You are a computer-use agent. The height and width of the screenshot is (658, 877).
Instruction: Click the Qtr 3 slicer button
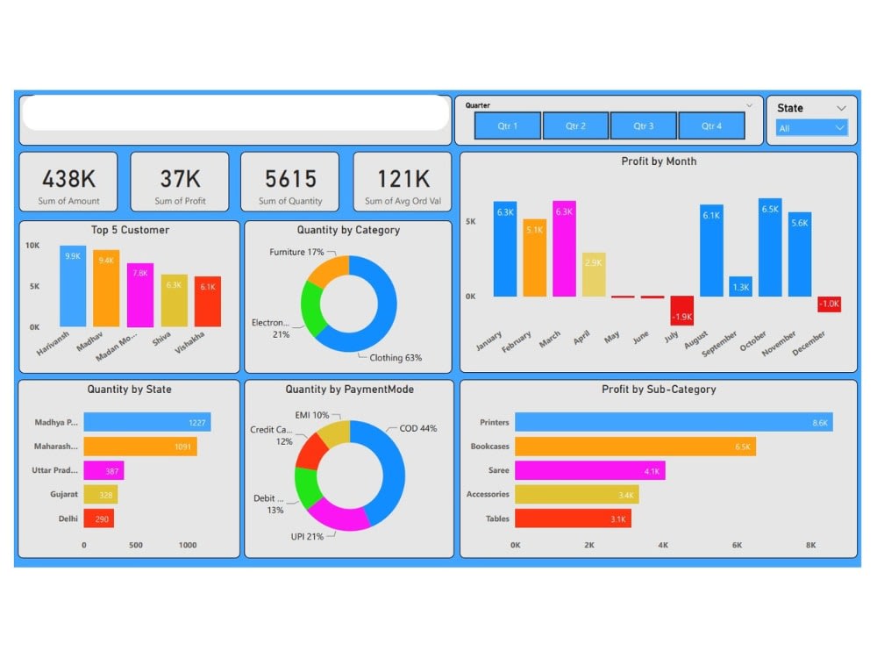[643, 125]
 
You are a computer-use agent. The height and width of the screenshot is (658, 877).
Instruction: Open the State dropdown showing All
[812, 128]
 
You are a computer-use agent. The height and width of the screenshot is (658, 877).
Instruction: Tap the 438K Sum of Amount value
[69, 179]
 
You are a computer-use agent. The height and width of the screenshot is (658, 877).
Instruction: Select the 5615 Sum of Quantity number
[290, 179]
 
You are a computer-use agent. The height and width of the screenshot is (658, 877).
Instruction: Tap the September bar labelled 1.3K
[741, 287]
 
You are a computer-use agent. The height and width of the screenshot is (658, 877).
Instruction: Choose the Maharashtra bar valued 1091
[140, 447]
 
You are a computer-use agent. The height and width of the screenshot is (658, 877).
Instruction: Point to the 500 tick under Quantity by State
[136, 545]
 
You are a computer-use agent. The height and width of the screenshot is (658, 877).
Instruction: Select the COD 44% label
[417, 428]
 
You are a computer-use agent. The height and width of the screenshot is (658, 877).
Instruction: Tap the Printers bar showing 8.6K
[674, 423]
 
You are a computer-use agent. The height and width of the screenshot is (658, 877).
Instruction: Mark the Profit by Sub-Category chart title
[659, 389]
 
